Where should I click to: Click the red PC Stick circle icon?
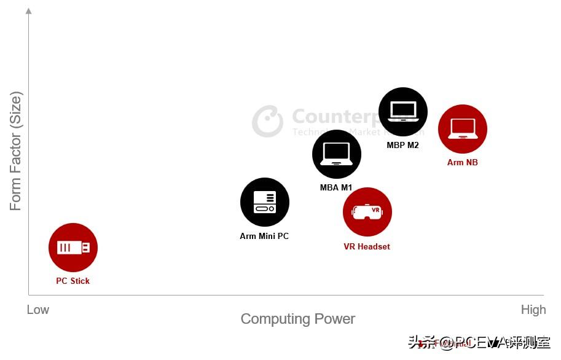click(73, 248)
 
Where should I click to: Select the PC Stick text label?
click(73, 281)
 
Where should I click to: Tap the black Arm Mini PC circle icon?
click(265, 202)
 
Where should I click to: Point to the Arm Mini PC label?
click(264, 236)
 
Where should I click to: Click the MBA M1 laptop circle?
click(337, 154)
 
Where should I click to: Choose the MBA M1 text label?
click(336, 187)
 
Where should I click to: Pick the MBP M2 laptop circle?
click(403, 112)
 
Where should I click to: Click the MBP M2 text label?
click(403, 146)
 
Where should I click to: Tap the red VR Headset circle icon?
click(367, 212)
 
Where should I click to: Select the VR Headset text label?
click(367, 246)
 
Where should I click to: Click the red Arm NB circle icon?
click(463, 129)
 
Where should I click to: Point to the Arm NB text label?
click(463, 162)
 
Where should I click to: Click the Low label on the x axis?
click(38, 310)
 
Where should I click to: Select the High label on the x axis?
click(533, 310)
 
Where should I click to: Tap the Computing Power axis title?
click(298, 319)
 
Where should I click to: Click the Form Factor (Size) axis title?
click(16, 151)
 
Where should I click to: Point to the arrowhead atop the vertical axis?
click(29, 10)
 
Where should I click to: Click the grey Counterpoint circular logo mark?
click(267, 121)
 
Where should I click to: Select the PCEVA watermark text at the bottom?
click(479, 342)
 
